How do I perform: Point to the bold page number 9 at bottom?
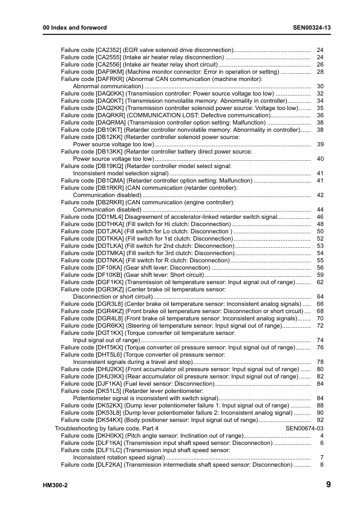pos(327,484)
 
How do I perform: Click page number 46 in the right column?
pos(320,216)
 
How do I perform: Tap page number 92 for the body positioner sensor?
pos(320,420)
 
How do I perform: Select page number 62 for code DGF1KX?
pos(320,282)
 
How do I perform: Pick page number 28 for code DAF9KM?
pos(320,72)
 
